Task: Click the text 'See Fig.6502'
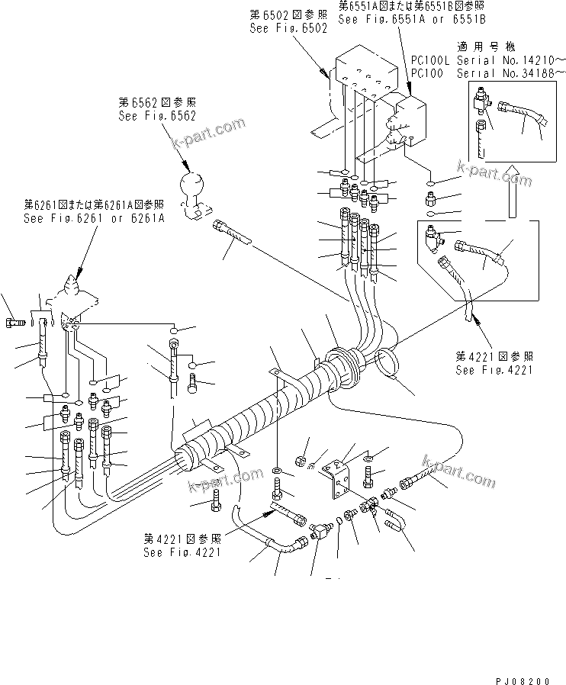point(288,28)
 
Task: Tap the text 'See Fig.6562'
point(157,116)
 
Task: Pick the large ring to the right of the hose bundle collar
point(388,361)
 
